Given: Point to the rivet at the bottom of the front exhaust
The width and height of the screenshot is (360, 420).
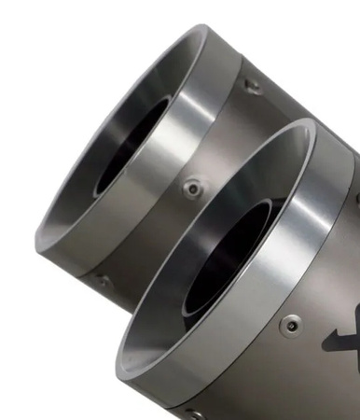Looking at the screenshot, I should coord(192,411).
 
